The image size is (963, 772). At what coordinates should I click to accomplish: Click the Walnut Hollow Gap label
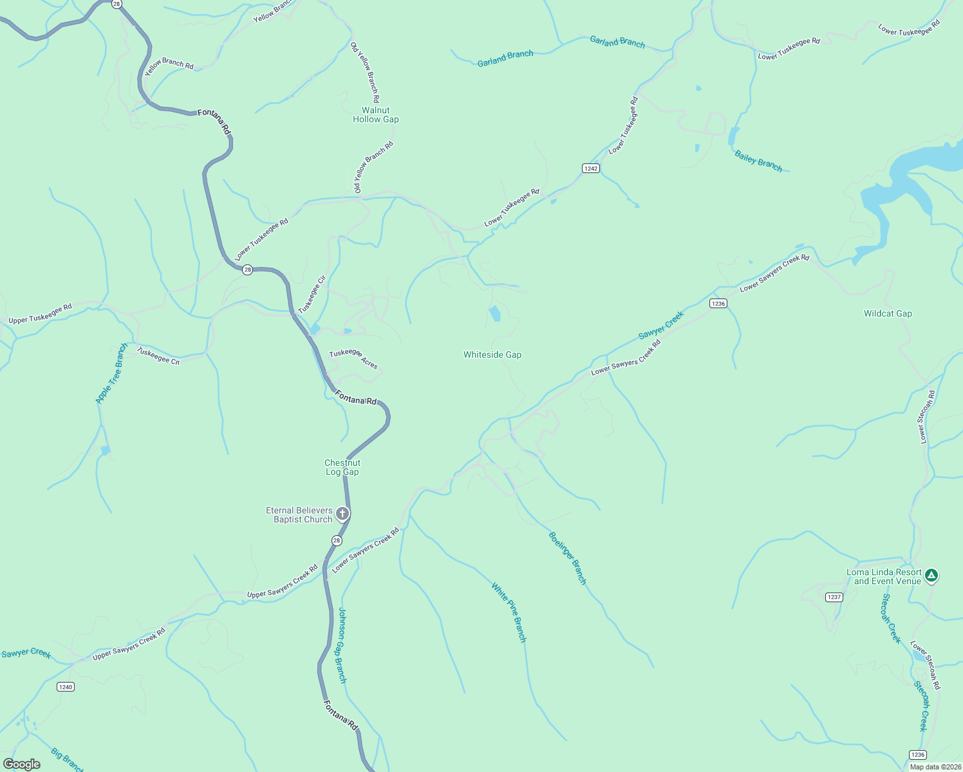coord(376,115)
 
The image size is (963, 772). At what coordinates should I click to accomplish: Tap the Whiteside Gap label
coord(492,354)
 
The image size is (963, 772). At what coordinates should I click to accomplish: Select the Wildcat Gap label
coord(888,313)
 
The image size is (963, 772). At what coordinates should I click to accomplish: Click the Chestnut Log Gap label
coord(342,467)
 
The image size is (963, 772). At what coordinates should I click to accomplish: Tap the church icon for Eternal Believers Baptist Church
coord(342,513)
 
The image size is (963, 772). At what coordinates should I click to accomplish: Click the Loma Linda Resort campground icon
coord(931,575)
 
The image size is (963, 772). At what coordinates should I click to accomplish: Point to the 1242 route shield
coord(591,169)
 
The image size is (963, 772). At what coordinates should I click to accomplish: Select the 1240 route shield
coord(66,686)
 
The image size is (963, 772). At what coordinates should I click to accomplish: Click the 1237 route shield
coord(834,597)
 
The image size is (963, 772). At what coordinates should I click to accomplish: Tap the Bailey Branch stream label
coord(758,161)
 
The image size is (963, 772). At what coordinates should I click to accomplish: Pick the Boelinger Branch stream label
coord(568,558)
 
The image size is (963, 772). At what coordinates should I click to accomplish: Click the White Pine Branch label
coord(509,612)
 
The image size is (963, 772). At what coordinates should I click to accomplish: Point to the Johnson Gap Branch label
coord(342,645)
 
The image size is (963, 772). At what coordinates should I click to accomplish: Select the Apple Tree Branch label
coord(112,374)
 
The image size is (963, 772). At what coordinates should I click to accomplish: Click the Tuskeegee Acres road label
coord(353,358)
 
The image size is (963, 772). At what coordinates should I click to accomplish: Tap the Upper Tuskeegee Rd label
coord(40,314)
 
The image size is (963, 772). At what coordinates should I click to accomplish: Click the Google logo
coord(22,764)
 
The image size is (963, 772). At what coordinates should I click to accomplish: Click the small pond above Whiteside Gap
coord(495,314)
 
